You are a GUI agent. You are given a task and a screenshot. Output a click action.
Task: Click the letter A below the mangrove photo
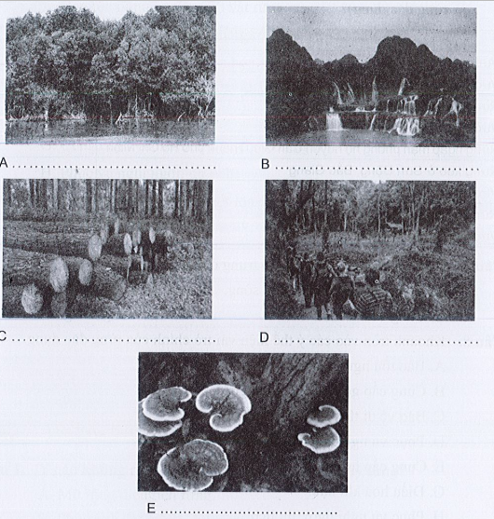(x=4, y=163)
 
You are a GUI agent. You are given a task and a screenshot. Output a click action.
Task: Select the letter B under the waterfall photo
(x=266, y=164)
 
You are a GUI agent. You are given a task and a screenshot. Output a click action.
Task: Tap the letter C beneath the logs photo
(x=3, y=335)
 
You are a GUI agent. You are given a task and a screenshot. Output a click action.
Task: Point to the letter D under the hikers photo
(x=264, y=337)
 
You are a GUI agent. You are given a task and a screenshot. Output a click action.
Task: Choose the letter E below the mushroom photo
(x=151, y=509)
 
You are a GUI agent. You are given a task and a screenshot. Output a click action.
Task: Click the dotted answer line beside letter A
(x=114, y=167)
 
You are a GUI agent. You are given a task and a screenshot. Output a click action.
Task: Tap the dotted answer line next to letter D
(x=376, y=342)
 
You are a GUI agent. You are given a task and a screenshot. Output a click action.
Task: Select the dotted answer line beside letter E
(x=251, y=512)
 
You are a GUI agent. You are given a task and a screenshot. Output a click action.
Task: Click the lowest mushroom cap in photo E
(x=193, y=461)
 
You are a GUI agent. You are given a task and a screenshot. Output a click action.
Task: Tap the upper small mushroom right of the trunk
(x=324, y=416)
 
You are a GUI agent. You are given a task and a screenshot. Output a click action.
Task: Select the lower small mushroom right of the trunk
(x=320, y=440)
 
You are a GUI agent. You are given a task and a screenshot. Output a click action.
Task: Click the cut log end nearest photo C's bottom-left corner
(x=32, y=299)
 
